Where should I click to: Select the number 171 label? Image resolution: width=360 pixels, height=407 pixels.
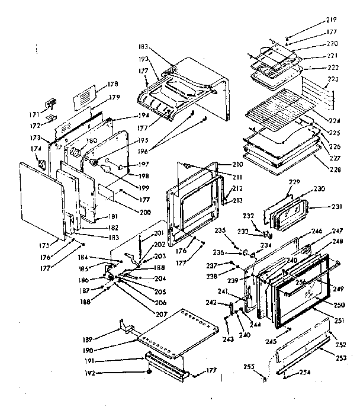[35, 114]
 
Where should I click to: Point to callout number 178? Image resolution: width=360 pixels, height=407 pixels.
[112, 84]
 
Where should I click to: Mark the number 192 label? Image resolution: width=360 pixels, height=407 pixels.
[91, 373]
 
